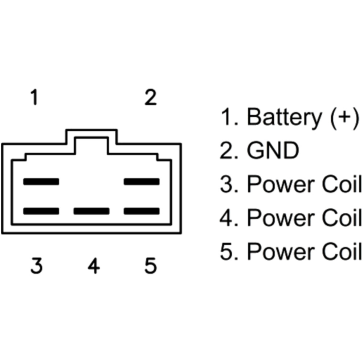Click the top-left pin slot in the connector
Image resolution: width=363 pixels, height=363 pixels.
click(x=41, y=181)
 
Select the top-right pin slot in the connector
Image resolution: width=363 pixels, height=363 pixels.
click(x=142, y=181)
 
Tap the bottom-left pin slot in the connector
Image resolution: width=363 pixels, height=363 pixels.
click(x=41, y=211)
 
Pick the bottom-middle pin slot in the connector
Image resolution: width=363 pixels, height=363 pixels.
click(x=91, y=211)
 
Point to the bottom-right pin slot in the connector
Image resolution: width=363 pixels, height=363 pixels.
click(x=142, y=211)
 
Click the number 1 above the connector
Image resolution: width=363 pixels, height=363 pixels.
click(x=34, y=97)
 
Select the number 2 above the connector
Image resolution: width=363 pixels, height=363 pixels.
click(x=150, y=97)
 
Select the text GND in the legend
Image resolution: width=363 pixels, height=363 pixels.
click(x=272, y=151)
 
